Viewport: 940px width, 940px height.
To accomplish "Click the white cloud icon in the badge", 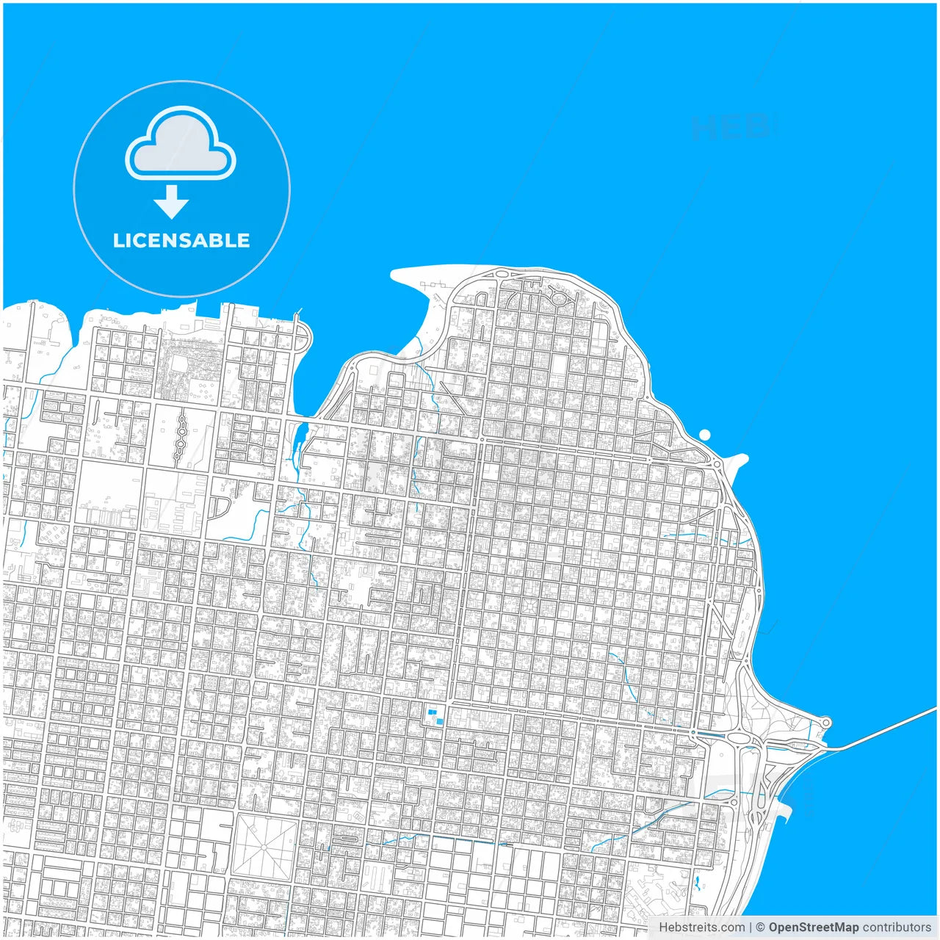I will click(181, 143).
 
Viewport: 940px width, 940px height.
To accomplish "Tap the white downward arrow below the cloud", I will click(171, 202).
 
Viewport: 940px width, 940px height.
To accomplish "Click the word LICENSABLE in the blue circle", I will click(181, 240).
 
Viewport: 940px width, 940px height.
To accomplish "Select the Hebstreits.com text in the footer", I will click(701, 928).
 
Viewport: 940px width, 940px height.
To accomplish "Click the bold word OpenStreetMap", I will click(813, 928).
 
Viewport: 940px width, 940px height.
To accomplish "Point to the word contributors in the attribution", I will click(896, 928).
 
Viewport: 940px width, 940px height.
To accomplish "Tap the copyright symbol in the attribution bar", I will click(760, 928).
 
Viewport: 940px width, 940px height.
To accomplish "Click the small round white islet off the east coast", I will click(705, 434).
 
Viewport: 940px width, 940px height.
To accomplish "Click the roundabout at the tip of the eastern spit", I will click(825, 723).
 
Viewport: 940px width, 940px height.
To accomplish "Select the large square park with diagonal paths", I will click(264, 845).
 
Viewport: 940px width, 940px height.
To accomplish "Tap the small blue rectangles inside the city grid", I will click(435, 715).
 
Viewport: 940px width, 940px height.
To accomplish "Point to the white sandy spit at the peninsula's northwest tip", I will click(415, 279).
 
